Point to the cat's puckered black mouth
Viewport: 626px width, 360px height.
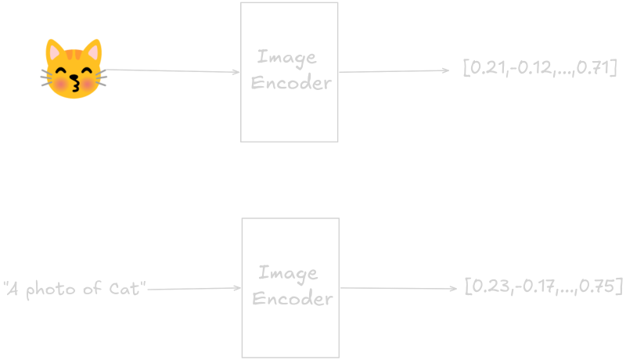coord(74,83)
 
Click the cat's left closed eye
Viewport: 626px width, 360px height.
coord(61,71)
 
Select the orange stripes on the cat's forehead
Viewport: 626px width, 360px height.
coord(74,54)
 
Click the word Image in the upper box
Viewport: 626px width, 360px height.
coord(287,58)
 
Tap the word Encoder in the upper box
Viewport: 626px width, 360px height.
coord(291,83)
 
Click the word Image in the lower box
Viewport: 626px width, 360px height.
coord(288,274)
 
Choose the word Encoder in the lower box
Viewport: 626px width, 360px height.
coord(292,298)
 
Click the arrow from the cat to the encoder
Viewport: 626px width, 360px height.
coord(172,71)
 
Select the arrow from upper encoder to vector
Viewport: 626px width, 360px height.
coord(394,71)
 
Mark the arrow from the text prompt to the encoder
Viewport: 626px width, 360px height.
coord(194,289)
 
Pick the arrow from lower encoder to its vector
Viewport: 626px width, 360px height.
coord(398,288)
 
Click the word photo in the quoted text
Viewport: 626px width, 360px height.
coord(51,290)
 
